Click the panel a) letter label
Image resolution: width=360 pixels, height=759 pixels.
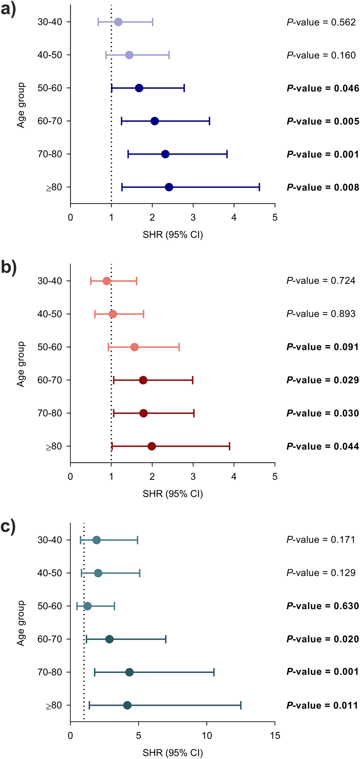point(8,9)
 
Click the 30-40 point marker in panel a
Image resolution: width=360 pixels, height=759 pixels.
point(118,22)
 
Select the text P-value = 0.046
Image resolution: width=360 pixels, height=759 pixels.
point(323,88)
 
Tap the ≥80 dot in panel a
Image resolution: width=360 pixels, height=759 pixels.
point(169,187)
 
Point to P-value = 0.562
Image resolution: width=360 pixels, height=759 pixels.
point(321,22)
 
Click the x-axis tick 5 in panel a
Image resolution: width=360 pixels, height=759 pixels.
point(275,218)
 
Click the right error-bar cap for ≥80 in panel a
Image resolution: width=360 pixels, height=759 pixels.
point(259,187)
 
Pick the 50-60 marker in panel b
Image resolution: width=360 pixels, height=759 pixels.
point(135,347)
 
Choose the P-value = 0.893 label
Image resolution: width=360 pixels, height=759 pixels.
point(321,314)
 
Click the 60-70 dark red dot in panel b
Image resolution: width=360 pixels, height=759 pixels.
point(143,380)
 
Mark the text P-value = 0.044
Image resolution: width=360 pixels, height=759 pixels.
point(323,447)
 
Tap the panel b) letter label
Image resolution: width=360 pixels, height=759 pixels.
point(9,267)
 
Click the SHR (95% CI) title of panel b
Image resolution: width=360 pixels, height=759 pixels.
point(172,494)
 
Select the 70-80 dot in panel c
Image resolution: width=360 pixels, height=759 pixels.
point(130,672)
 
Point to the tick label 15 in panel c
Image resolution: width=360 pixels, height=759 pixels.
point(275,735)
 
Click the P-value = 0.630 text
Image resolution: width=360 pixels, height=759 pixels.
point(323,606)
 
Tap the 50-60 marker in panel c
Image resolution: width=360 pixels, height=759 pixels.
point(87,606)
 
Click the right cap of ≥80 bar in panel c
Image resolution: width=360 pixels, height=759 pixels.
point(241,705)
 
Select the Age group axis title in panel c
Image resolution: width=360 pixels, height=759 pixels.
point(21,623)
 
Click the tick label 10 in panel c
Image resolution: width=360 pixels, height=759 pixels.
point(207,735)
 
